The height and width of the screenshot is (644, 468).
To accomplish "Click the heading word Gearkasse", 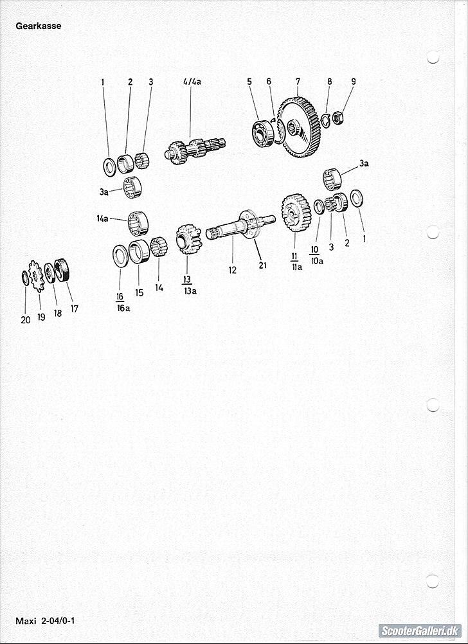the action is point(38,26).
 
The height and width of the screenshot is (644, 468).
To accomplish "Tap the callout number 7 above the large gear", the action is point(298,82).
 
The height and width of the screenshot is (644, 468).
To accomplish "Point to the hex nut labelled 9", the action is point(337,118).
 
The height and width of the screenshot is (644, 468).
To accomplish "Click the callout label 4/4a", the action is point(192,82).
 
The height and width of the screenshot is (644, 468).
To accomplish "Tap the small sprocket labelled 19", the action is point(37,276).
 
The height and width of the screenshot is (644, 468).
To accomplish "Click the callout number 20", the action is point(26,320).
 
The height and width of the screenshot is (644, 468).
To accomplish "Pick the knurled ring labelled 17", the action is point(63,270).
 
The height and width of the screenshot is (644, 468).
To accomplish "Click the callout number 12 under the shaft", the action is point(233,270).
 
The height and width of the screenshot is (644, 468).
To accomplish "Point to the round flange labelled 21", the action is point(249,224).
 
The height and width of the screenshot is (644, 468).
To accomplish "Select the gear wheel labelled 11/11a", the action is point(296,213).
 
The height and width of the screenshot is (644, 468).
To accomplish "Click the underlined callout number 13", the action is point(187,280).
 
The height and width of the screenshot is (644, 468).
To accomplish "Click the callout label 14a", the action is point(103,219).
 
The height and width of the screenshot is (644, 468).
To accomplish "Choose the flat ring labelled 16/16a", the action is point(121,256).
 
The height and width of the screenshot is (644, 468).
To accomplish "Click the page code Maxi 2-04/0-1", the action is point(45,620).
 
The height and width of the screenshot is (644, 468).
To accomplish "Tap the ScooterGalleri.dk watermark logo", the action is point(420,631).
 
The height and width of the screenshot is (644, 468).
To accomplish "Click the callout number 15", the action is point(139,293).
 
